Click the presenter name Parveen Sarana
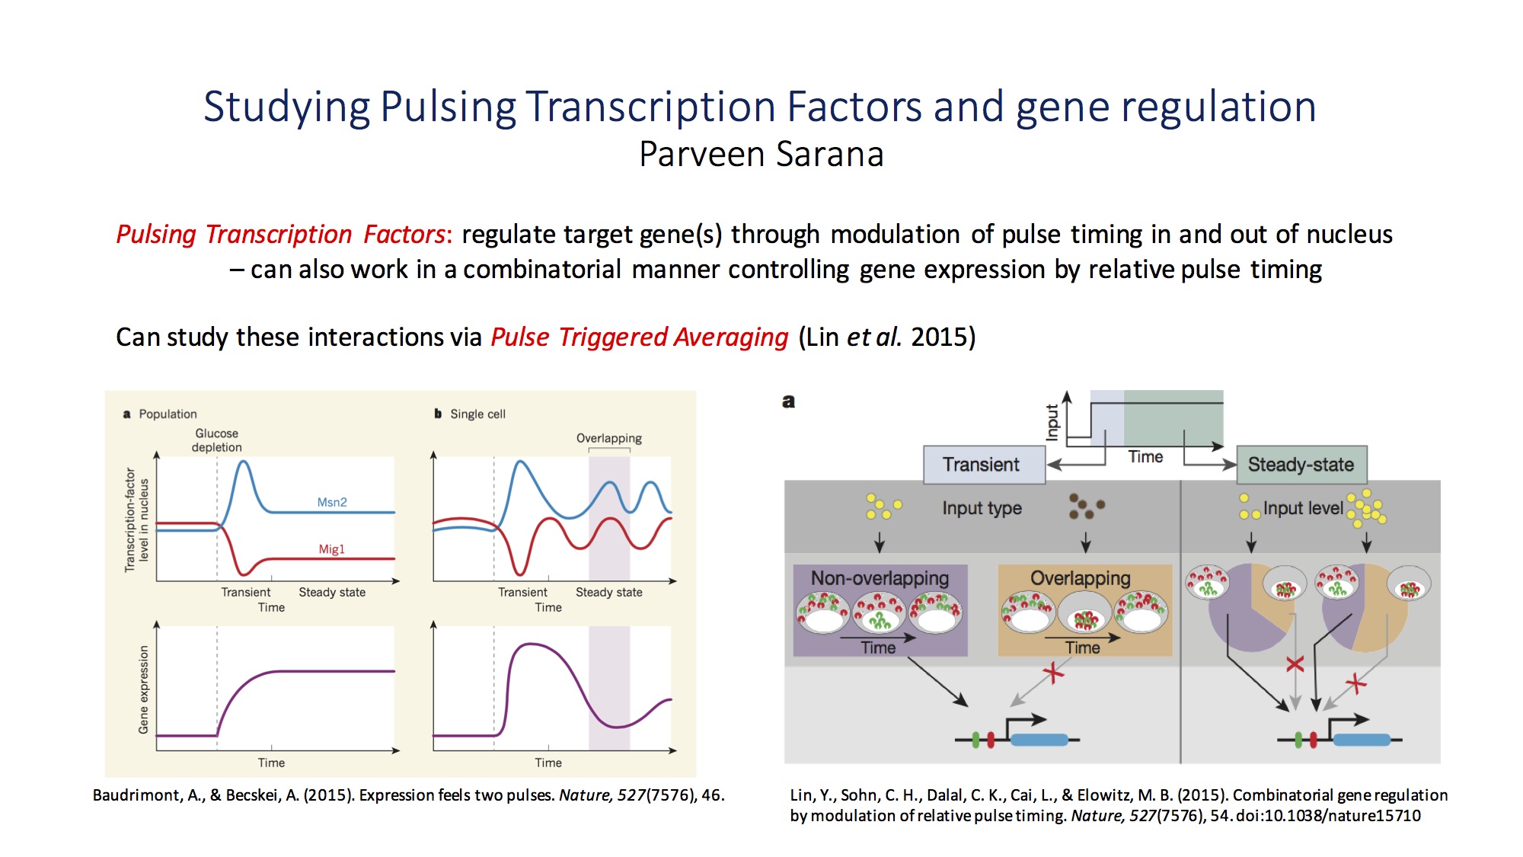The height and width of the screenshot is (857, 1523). (x=761, y=154)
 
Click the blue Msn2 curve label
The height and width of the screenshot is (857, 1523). (x=332, y=502)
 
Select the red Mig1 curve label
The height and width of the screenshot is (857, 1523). (x=331, y=549)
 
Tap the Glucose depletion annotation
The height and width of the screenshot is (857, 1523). (x=217, y=440)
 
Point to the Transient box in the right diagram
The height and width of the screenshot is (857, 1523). (x=984, y=465)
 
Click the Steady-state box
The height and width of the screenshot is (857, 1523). (x=1301, y=465)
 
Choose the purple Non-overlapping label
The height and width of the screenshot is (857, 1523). (x=880, y=578)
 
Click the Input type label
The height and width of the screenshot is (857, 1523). (x=982, y=508)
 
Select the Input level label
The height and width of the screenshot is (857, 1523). (x=1303, y=508)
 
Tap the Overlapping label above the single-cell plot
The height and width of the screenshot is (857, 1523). (x=608, y=438)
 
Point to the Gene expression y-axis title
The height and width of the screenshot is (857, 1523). (x=143, y=690)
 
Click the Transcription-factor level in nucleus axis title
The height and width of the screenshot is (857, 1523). (x=136, y=520)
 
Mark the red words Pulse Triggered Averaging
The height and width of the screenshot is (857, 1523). (x=639, y=337)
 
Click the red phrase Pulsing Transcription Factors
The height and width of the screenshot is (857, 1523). (x=280, y=234)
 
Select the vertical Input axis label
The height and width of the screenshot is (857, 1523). (x=1052, y=422)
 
